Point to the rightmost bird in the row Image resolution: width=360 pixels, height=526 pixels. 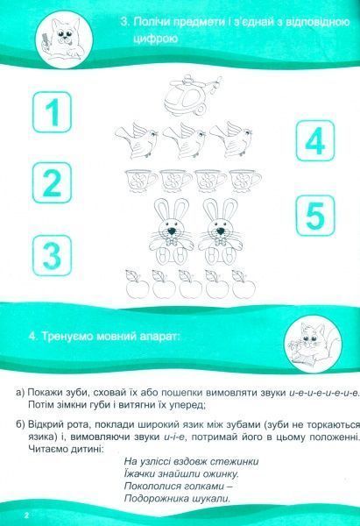click(230, 137)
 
